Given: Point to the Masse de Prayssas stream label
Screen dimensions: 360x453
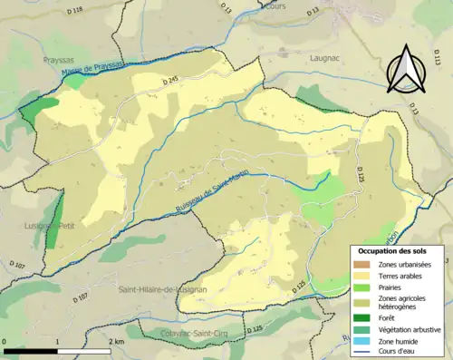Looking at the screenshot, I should tap(94, 71).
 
